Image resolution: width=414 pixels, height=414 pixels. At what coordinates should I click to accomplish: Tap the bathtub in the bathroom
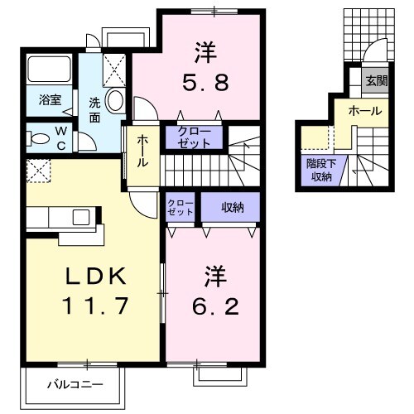(50, 70)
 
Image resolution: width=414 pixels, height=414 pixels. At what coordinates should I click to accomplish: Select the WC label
(63, 136)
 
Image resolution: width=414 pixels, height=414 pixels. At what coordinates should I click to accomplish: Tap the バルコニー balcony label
(74, 384)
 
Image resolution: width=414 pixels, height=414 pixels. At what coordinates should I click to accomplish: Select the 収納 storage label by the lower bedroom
(231, 208)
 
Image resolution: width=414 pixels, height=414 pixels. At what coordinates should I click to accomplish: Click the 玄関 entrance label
(378, 80)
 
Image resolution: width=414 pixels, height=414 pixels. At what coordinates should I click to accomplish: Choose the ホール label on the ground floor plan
(364, 110)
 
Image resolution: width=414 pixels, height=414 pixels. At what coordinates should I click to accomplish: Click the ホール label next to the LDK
(142, 151)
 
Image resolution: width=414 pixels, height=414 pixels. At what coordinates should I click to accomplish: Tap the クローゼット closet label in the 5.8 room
(193, 137)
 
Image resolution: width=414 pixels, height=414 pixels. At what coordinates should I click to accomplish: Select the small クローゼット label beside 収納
(181, 207)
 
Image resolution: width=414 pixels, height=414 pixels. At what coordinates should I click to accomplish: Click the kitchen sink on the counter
(81, 217)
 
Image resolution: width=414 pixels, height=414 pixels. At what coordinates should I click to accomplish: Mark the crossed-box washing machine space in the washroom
(114, 66)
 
